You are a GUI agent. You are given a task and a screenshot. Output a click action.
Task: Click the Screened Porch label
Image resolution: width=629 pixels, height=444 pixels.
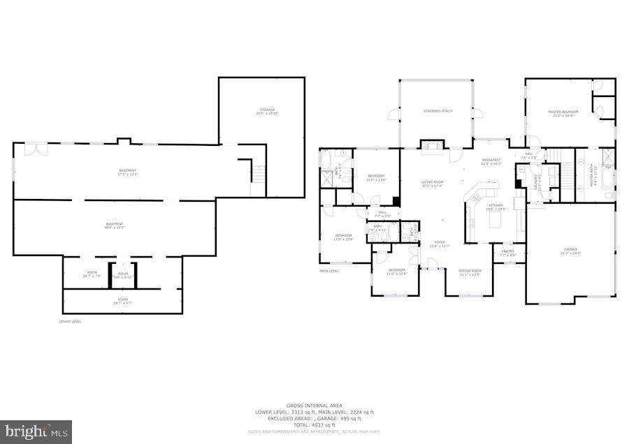[x=438, y=111]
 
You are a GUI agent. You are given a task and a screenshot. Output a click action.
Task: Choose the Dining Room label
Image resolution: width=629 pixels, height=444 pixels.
[x=470, y=272]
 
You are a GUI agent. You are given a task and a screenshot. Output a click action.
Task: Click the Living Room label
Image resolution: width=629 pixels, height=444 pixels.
[x=433, y=183]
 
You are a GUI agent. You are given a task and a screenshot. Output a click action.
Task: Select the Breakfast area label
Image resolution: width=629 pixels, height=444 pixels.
[x=492, y=161]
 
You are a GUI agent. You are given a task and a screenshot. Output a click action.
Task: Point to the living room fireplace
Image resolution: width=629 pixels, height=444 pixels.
[x=428, y=145]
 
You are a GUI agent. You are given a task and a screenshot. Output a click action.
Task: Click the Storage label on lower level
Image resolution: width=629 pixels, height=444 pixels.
[x=267, y=111]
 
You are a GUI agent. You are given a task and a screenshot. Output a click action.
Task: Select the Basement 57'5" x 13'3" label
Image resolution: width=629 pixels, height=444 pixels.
[x=128, y=172]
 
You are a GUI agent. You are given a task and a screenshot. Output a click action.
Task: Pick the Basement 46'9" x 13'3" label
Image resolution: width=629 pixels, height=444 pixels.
[x=115, y=225]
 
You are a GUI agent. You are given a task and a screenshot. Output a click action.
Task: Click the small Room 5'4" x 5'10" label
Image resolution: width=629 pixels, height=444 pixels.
[x=123, y=275]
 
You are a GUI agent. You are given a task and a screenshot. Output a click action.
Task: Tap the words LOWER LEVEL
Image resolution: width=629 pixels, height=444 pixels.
[x=70, y=321]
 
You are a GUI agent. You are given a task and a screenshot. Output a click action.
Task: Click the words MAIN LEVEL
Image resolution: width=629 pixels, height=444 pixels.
[x=328, y=271]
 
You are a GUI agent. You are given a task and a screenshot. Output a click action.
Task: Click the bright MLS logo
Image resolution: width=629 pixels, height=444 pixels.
[x=36, y=431]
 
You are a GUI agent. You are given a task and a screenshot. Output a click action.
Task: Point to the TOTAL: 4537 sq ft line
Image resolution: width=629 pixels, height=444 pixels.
[x=314, y=424]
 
